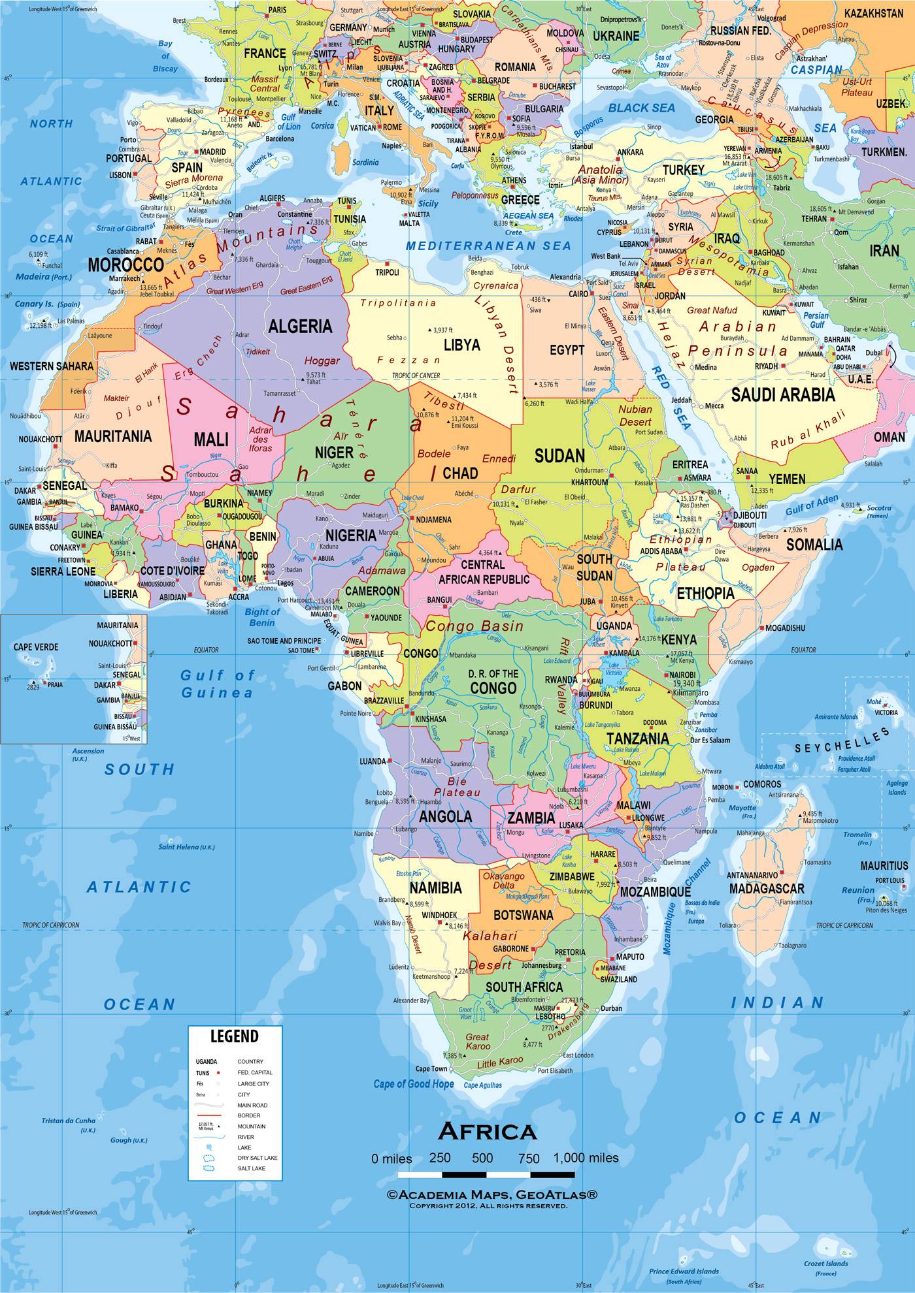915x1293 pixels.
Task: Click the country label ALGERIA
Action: [300, 326]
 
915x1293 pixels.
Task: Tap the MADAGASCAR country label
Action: [767, 889]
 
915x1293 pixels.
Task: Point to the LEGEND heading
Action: [234, 1036]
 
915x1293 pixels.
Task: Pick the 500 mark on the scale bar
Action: [482, 1158]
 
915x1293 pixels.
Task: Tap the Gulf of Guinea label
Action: [217, 684]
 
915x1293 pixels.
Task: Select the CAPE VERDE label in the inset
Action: [35, 646]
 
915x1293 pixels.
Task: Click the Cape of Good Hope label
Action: [414, 1084]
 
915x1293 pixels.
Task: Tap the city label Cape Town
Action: [431, 1069]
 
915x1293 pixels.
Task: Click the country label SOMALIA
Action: [814, 544]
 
